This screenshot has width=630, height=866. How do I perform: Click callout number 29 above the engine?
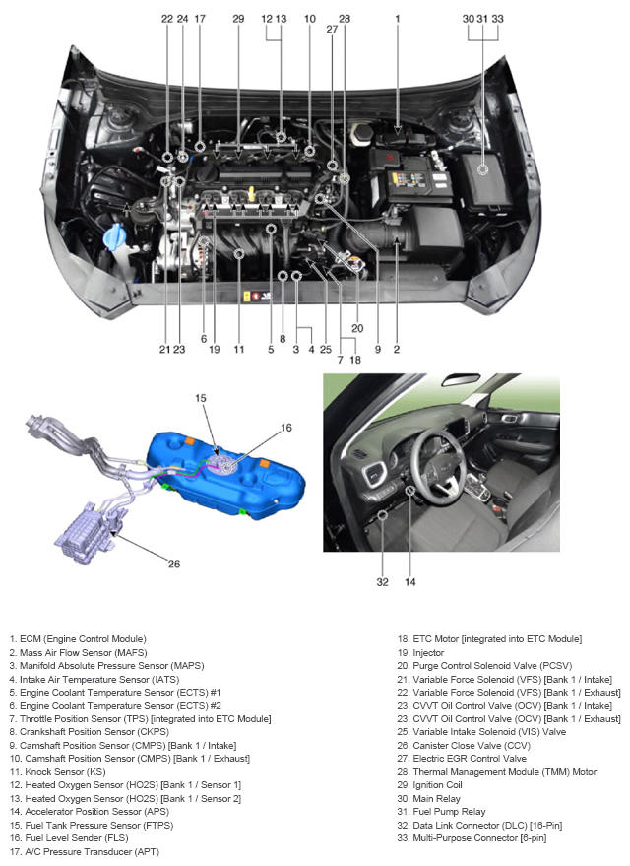pyautogui.click(x=238, y=19)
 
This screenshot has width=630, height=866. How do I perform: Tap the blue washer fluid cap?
pyautogui.click(x=114, y=237)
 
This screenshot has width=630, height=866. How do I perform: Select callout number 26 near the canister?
pyautogui.click(x=174, y=564)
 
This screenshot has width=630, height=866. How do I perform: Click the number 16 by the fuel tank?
pyautogui.click(x=286, y=428)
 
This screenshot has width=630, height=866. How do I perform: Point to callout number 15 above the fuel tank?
pyautogui.click(x=200, y=398)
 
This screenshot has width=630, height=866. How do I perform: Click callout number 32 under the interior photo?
pyautogui.click(x=382, y=582)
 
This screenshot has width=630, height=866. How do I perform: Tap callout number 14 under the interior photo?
pyautogui.click(x=409, y=582)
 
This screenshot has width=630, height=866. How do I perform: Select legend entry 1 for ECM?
pyautogui.click(x=78, y=639)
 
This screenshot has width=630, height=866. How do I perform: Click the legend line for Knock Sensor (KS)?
pyautogui.click(x=57, y=772)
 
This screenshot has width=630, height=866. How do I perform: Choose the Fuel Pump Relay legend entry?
pyautogui.click(x=441, y=812)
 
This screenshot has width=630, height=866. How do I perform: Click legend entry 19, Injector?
pyautogui.click(x=420, y=653)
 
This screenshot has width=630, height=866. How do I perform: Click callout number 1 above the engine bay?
pyautogui.click(x=398, y=19)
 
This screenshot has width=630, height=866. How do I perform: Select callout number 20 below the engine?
pyautogui.click(x=357, y=329)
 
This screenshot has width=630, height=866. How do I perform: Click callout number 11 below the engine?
pyautogui.click(x=238, y=349)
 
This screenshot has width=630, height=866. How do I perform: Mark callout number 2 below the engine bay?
pyautogui.click(x=397, y=349)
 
